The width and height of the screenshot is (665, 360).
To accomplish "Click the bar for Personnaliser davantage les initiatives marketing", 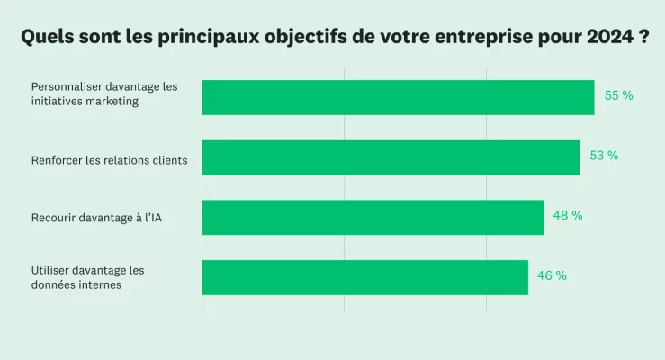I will tap(398, 97).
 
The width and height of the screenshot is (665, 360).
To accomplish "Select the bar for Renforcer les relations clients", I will tap(391, 157).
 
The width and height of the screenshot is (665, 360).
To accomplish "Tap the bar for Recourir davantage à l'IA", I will tap(373, 217).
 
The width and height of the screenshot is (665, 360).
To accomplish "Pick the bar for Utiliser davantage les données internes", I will tap(364, 277).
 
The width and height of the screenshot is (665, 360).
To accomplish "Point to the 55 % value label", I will tap(618, 95).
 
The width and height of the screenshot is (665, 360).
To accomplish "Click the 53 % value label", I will tap(604, 156).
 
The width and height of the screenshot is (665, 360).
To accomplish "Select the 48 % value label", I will tap(568, 216).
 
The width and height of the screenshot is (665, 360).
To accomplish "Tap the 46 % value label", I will tap(552, 276).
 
